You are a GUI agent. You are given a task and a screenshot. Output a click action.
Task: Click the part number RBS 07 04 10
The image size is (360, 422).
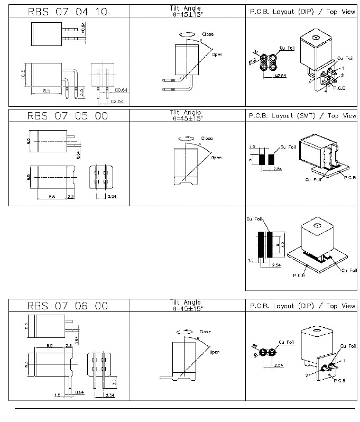point(68,11)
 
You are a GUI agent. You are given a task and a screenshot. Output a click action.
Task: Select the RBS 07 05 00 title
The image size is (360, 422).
point(68,115)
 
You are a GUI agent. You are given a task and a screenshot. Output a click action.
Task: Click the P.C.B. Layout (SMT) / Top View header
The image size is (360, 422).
point(302,115)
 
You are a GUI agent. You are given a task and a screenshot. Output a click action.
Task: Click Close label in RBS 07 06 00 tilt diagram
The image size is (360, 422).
point(205,332)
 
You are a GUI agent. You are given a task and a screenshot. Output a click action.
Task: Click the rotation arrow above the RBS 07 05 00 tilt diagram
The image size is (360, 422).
point(187,137)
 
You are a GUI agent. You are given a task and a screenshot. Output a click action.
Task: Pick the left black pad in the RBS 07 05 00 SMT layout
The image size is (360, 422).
point(261,160)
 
